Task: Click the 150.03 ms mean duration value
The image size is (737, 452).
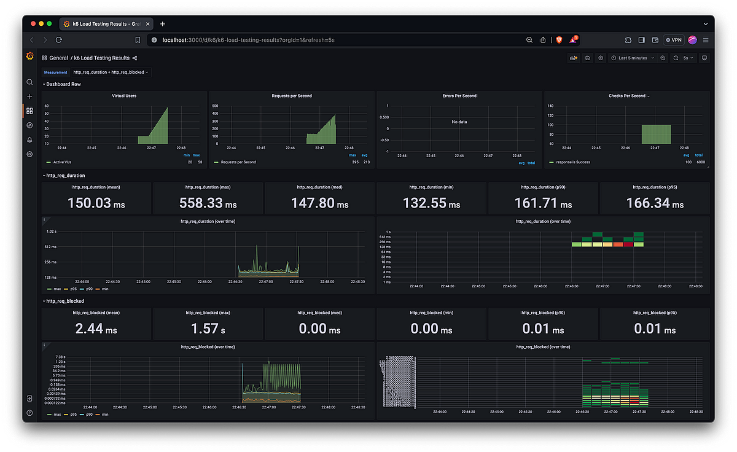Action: pyautogui.click(x=96, y=203)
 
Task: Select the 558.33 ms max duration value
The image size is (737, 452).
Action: pyautogui.click(x=208, y=203)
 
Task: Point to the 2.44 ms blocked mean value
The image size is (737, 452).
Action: pyautogui.click(x=96, y=329)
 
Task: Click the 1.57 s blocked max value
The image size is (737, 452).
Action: pyautogui.click(x=208, y=329)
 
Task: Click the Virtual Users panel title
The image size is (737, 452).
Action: pyautogui.click(x=124, y=96)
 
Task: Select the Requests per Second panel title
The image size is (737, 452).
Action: pyautogui.click(x=291, y=96)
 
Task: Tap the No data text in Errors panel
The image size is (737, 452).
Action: pyautogui.click(x=459, y=122)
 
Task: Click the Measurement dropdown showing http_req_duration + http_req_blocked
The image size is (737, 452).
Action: pyautogui.click(x=111, y=72)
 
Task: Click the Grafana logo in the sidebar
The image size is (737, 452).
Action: pyautogui.click(x=29, y=56)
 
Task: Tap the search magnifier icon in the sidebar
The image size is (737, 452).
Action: pyautogui.click(x=29, y=82)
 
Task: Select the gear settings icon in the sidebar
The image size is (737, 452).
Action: pyautogui.click(x=29, y=154)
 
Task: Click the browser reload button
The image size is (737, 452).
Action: pyautogui.click(x=59, y=40)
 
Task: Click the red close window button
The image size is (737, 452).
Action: pyautogui.click(x=32, y=24)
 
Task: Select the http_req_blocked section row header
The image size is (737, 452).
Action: pyautogui.click(x=64, y=301)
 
